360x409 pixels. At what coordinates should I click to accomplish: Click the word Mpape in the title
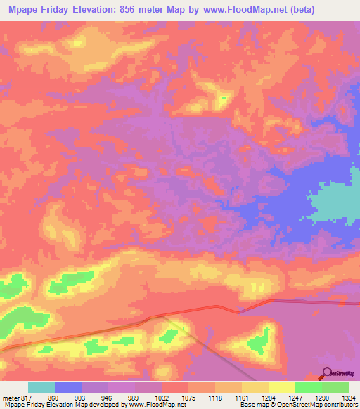(x=25, y=9)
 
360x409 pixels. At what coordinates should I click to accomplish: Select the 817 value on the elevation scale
(x=24, y=398)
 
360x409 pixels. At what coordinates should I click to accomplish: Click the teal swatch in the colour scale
(x=41, y=387)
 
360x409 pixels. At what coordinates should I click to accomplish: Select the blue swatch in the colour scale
(x=68, y=387)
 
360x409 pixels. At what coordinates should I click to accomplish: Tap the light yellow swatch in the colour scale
(x=282, y=387)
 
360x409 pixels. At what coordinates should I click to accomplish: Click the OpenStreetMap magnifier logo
(x=326, y=373)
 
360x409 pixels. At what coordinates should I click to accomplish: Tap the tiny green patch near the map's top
(x=223, y=98)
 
